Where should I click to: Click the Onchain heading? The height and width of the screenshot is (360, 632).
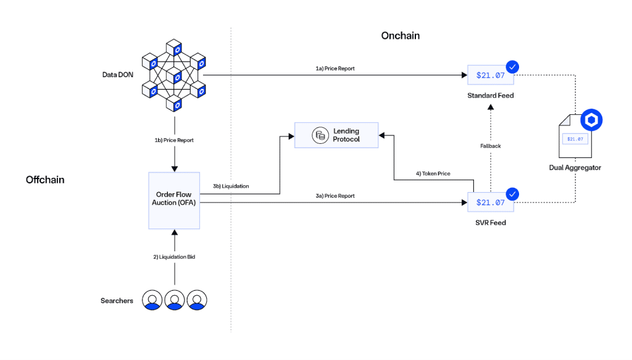[x=400, y=36]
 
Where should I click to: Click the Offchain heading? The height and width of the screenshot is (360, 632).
[x=45, y=180]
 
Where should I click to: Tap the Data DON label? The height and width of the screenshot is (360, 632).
[x=118, y=75]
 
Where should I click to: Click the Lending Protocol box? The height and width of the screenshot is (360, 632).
[x=336, y=135]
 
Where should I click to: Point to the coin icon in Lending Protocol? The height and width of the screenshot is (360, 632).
[x=320, y=135]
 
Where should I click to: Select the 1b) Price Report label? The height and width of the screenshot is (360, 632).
[x=174, y=140]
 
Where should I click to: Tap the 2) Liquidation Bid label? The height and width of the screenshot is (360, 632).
[x=175, y=256]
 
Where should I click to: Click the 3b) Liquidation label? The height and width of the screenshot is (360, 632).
[x=231, y=185]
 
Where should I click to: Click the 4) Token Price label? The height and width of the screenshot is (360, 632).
[x=433, y=174]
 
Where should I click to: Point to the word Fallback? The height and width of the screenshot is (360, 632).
[x=491, y=146]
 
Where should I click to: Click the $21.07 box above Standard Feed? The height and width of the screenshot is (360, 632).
[x=490, y=75]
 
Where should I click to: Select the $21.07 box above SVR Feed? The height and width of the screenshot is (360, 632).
[x=490, y=202]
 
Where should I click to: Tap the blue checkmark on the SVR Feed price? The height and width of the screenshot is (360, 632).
[x=512, y=194]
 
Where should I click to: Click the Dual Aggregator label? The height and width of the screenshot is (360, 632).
[x=575, y=167]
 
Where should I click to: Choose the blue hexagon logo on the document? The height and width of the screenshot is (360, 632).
[x=591, y=120]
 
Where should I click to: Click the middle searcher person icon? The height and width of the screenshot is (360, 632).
[x=175, y=300]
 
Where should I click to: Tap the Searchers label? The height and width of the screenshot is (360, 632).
[x=117, y=301]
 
